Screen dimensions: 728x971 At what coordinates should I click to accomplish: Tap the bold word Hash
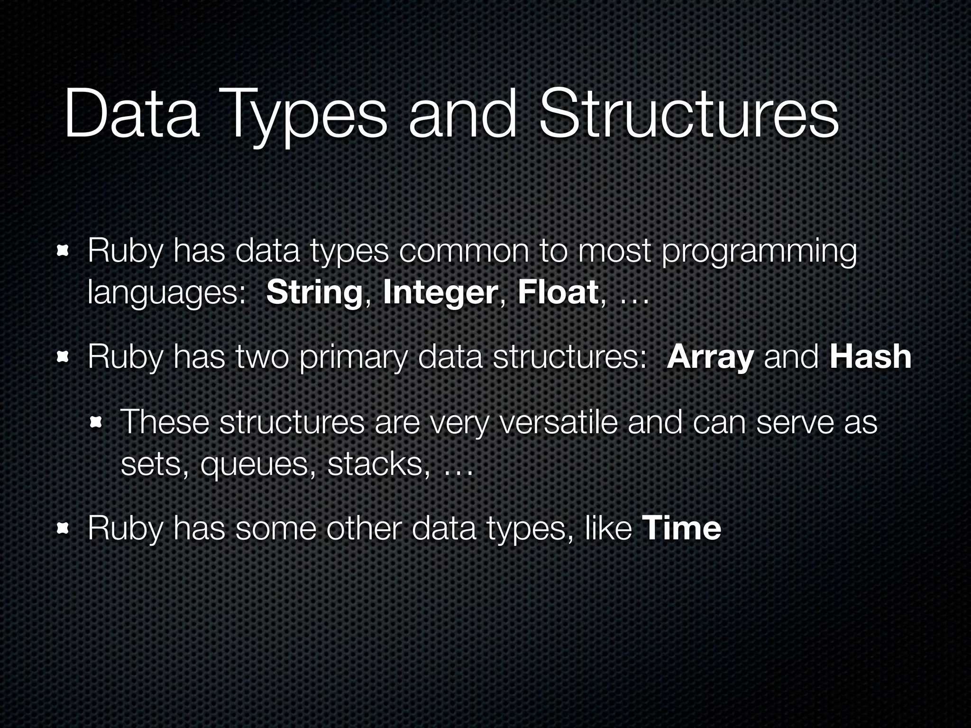[870, 357]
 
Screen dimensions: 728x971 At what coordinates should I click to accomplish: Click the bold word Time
[681, 528]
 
